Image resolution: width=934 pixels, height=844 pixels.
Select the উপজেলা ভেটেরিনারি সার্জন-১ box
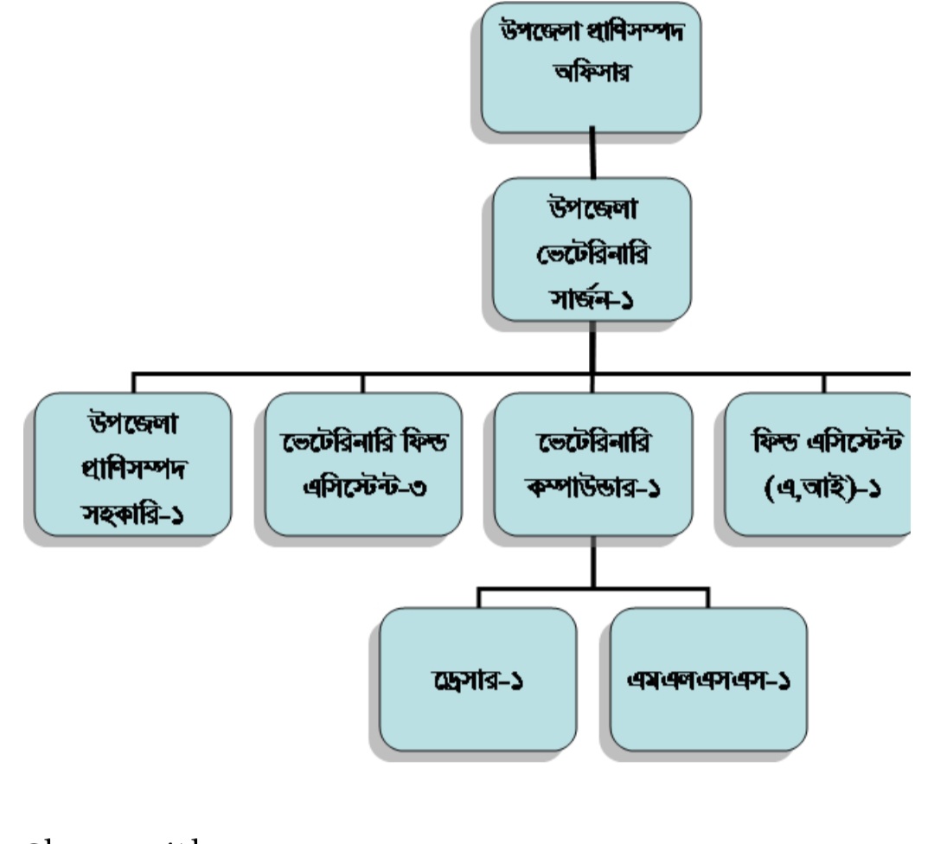pyautogui.click(x=592, y=250)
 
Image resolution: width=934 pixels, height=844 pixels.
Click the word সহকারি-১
pyautogui.click(x=132, y=516)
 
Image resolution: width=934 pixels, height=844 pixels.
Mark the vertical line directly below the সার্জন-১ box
pyautogui.click(x=592, y=347)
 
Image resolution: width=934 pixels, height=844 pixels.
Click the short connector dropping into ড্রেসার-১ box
pyautogui.click(x=478, y=598)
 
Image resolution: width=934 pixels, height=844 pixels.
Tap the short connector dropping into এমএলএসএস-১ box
pyautogui.click(x=708, y=598)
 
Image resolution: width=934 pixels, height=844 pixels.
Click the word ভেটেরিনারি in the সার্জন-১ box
pyautogui.click(x=592, y=250)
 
